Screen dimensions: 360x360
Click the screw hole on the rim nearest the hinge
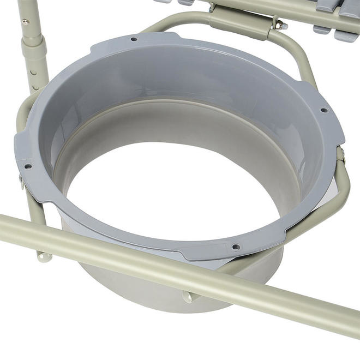134,39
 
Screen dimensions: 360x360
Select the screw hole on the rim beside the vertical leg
28,166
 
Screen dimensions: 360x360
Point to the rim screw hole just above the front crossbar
236,247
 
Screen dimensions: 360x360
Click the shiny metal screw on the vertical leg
25,22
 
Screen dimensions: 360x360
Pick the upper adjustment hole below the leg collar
35,70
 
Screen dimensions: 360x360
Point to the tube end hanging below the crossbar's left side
44,255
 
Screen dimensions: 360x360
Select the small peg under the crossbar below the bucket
188,296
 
